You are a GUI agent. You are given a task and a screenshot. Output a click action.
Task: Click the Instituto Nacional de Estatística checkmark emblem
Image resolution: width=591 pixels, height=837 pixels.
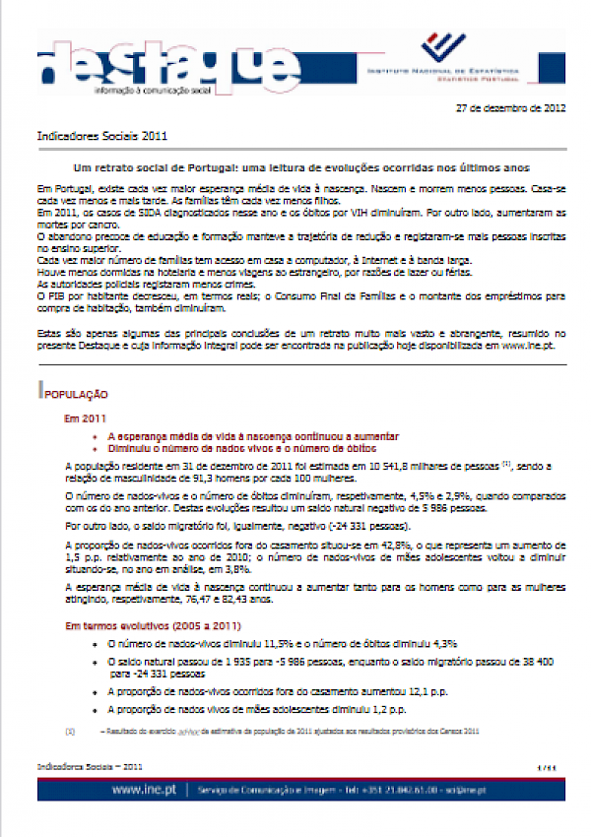(x=442, y=48)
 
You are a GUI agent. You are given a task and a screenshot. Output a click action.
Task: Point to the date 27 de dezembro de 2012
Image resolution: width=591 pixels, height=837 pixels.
(x=512, y=108)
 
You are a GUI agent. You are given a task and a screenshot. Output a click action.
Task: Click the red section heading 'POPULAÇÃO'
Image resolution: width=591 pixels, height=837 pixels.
(x=74, y=394)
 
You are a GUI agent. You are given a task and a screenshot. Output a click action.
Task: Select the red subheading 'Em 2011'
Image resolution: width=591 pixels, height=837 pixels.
(x=85, y=418)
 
